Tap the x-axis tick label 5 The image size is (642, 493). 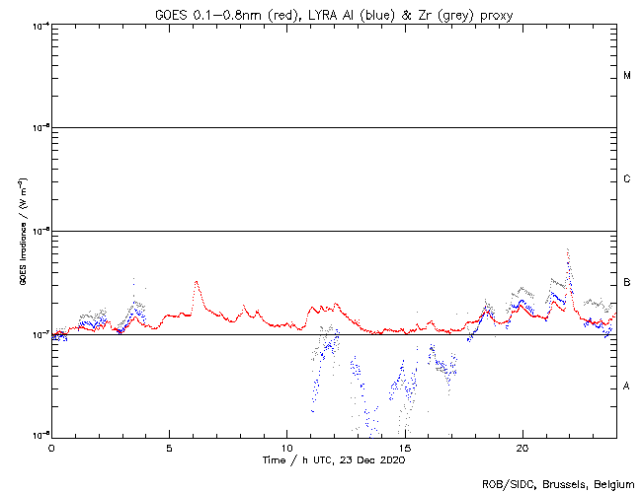click(169, 447)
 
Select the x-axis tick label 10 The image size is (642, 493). click(286, 447)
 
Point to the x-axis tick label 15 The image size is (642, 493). click(404, 447)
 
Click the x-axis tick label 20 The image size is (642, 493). click(522, 447)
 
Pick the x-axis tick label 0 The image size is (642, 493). click(51, 447)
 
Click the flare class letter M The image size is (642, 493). click(627, 76)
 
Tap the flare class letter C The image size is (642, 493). click(627, 179)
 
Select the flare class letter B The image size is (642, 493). click(627, 283)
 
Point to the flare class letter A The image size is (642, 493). click(627, 387)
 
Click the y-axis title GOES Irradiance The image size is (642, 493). click(21, 231)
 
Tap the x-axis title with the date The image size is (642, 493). click(334, 460)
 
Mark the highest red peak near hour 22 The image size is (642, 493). click(567, 250)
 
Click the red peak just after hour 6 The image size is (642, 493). click(197, 282)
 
